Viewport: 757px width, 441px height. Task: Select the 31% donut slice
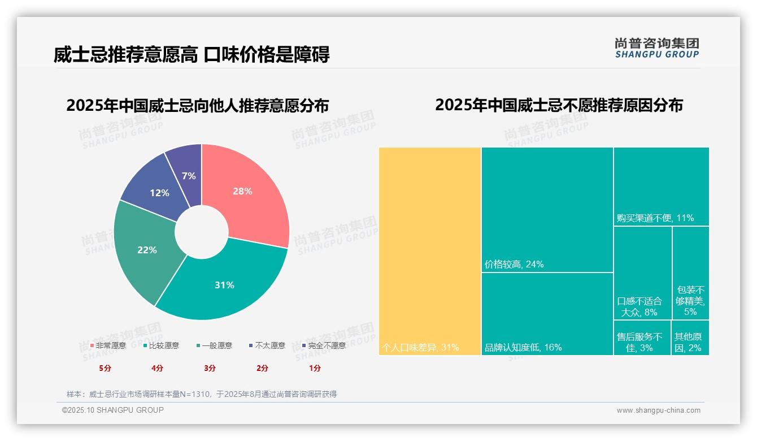[226, 286]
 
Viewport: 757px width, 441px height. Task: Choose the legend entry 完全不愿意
[324, 345]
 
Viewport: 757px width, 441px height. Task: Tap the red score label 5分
[105, 368]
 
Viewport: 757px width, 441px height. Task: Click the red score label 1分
[315, 368]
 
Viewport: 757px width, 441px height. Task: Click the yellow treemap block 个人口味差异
[429, 252]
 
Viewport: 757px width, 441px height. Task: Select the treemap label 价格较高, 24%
[514, 264]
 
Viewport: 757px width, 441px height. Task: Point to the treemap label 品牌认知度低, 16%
[523, 347]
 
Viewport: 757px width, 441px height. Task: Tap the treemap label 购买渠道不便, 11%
[655, 218]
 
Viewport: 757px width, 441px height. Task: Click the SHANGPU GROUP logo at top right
[656, 47]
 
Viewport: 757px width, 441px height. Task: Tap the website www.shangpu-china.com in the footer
[658, 410]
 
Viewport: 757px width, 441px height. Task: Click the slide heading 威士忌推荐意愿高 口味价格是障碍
[192, 55]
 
